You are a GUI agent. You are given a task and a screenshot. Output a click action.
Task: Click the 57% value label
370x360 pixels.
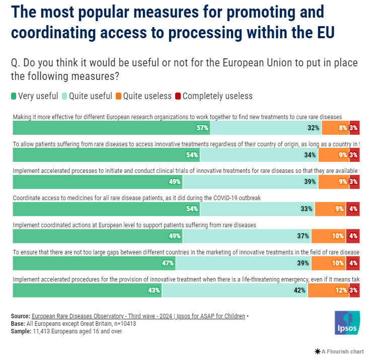pyautogui.click(x=202, y=128)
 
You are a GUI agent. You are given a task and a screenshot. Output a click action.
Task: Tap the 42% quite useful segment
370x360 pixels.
pyautogui.click(x=235, y=290)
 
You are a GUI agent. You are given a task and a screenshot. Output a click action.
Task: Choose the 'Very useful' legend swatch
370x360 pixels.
pyautogui.click(x=14, y=96)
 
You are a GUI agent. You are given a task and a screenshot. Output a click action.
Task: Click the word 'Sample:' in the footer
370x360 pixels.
pyautogui.click(x=22, y=331)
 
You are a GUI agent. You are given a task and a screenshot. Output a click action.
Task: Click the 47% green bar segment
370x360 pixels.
pyautogui.click(x=94, y=263)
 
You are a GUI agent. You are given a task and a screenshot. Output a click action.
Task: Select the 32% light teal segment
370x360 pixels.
pyautogui.click(x=266, y=128)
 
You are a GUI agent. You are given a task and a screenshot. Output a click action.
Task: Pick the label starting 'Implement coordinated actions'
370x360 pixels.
pyautogui.click(x=134, y=225)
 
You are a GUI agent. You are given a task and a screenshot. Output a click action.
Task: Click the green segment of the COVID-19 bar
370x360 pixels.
pyautogui.click(x=106, y=209)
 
